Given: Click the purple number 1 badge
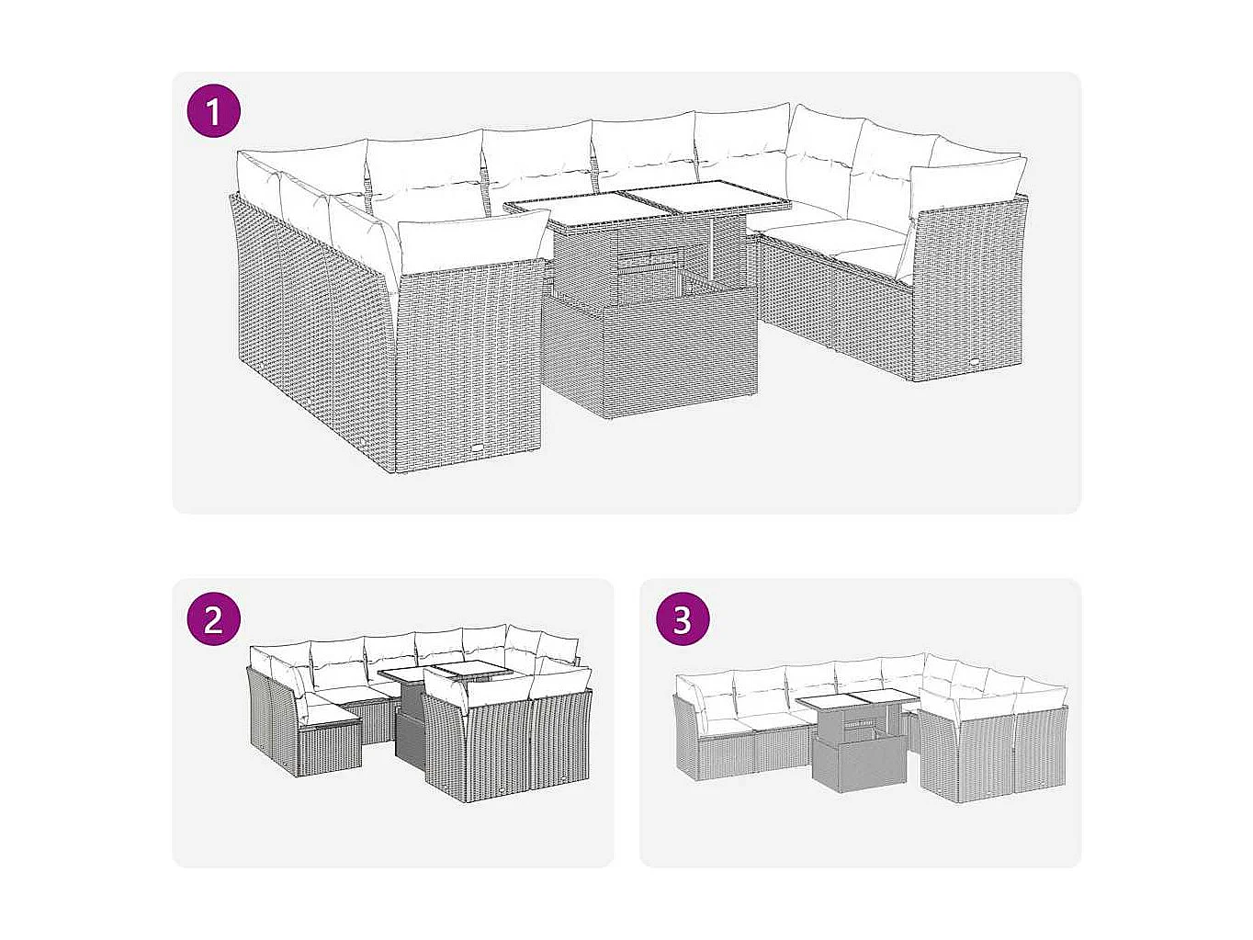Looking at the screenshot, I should (x=214, y=113).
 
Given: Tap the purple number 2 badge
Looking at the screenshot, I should (x=214, y=618).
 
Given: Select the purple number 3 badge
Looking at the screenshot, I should (x=682, y=618).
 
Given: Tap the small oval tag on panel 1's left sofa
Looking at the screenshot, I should (x=483, y=448).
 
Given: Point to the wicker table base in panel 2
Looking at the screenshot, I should (x=410, y=734).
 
